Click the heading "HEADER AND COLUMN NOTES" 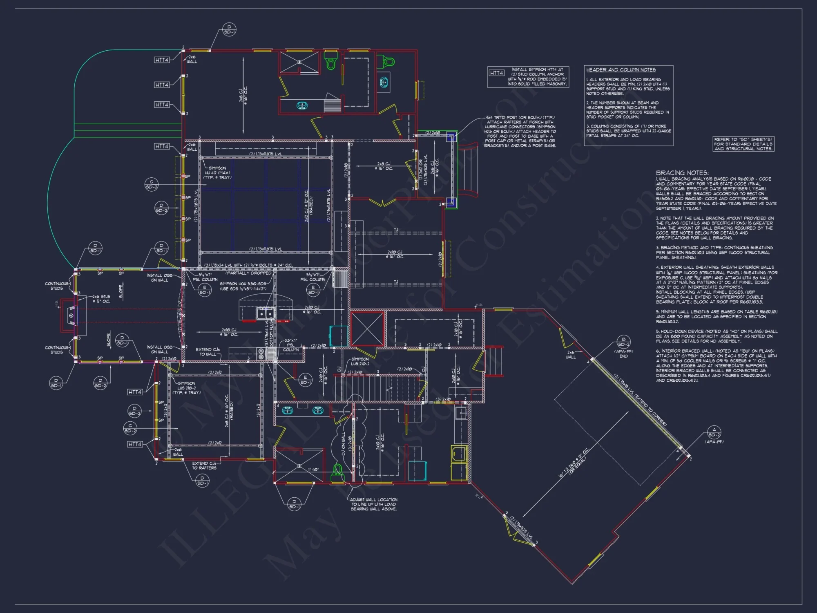tap(621, 70)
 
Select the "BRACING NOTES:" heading tap(682, 173)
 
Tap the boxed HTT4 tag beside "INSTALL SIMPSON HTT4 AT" tap(496, 73)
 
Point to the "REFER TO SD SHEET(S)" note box tap(743, 144)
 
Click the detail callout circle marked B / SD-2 tap(623, 342)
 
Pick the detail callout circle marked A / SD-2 tap(714, 432)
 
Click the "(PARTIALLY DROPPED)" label tap(248, 273)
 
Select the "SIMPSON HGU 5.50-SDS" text tap(243, 284)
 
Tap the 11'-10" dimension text tap(313, 470)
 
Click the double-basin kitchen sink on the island tap(265, 313)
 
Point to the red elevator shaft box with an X tap(367, 329)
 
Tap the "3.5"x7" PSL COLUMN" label tap(291, 345)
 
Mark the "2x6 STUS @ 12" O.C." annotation tap(101, 299)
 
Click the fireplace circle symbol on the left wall tap(71, 315)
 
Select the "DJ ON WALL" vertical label tap(343, 443)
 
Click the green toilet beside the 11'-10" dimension tap(337, 470)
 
